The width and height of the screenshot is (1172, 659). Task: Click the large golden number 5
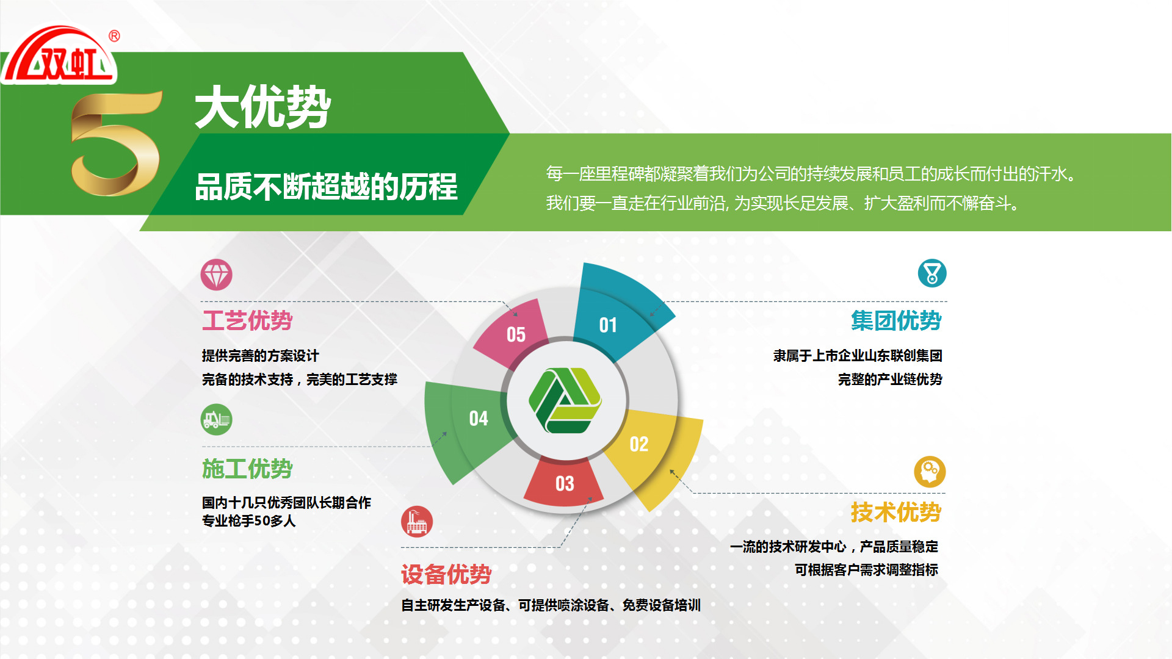click(x=116, y=143)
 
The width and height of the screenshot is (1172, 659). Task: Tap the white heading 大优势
click(x=263, y=107)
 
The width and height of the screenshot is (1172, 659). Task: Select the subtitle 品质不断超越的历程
click(x=326, y=187)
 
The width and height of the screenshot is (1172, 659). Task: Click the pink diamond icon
click(x=217, y=275)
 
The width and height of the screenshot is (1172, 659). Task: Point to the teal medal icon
click(x=932, y=273)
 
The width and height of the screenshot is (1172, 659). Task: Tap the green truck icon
click(x=217, y=420)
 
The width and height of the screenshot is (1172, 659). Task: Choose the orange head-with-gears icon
click(x=930, y=472)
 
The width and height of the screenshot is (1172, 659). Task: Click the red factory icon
click(x=417, y=522)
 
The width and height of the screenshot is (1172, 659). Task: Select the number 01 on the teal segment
click(x=608, y=325)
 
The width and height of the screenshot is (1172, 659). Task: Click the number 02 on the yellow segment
click(x=639, y=444)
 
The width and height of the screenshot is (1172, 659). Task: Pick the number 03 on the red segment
click(x=565, y=484)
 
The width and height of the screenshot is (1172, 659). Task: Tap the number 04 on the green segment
click(x=479, y=419)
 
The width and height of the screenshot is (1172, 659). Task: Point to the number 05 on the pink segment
click(x=516, y=335)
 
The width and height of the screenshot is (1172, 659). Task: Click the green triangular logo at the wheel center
click(x=565, y=400)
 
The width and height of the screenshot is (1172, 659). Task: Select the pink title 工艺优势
click(x=247, y=320)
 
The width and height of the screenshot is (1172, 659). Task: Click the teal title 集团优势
click(x=896, y=320)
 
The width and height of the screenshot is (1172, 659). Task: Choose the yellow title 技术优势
click(x=896, y=512)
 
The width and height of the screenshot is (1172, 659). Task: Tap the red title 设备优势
click(x=446, y=574)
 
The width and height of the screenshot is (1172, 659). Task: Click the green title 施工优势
click(x=247, y=469)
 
